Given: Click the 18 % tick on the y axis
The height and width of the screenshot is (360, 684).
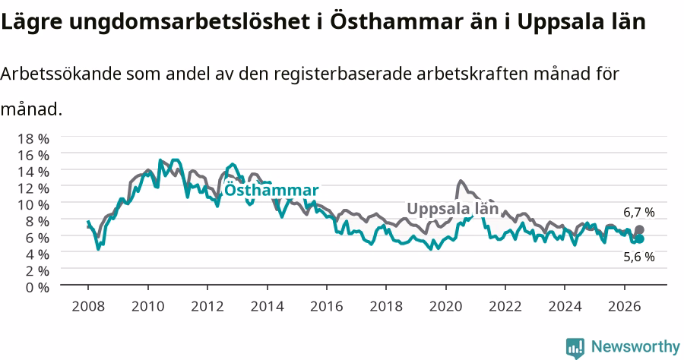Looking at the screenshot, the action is click(33, 138).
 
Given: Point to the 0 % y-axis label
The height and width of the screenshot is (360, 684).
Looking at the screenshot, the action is click(37, 287).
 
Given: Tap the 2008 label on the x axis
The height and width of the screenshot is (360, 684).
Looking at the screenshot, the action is click(88, 306).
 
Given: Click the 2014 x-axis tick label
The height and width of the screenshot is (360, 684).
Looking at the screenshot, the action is click(267, 306).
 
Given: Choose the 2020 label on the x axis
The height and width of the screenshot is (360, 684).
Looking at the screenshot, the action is click(446, 306).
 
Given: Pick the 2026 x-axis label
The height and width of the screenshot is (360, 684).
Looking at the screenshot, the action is click(625, 306).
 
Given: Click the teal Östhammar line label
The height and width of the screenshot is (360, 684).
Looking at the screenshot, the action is click(271, 190).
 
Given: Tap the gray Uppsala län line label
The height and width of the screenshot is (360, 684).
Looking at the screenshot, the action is click(453, 209).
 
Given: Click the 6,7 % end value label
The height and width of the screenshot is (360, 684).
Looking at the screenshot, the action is click(639, 213).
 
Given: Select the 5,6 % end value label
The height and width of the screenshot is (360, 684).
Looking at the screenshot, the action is click(639, 257).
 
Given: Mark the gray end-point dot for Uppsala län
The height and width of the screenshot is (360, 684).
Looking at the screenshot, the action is click(639, 230).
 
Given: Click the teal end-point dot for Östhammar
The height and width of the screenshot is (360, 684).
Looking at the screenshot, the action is click(639, 238).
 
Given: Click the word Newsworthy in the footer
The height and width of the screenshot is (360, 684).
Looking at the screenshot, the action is click(635, 347).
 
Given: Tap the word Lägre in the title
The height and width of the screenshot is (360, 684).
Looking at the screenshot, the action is click(31, 22).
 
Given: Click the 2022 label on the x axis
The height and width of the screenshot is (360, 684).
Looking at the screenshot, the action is click(505, 306).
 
